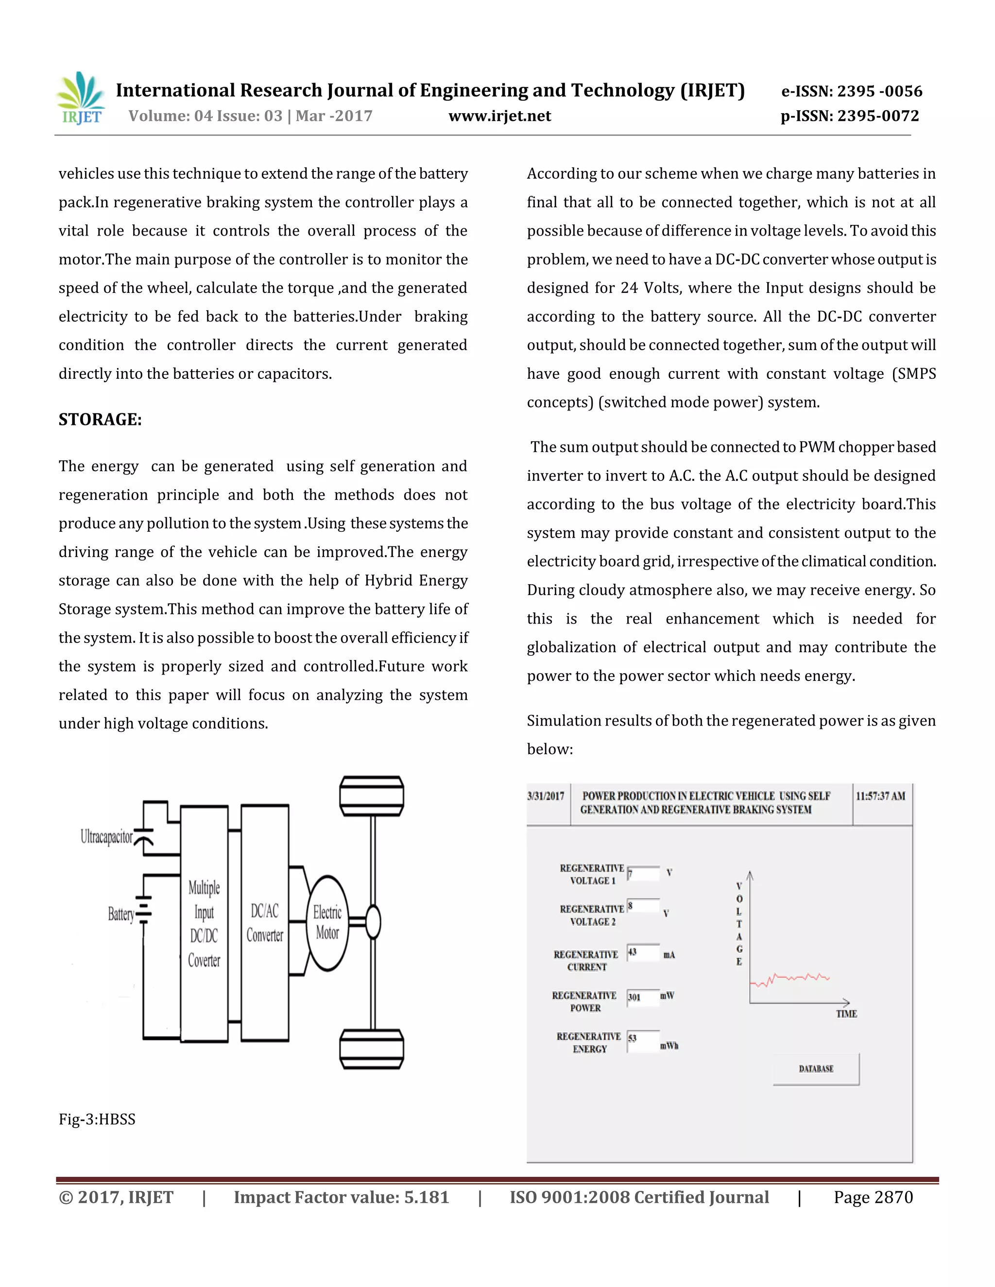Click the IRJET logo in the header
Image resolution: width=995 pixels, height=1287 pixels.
[x=81, y=99]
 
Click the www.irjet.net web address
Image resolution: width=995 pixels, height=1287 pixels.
[x=499, y=116]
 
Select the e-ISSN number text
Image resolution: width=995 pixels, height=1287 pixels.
[x=851, y=91]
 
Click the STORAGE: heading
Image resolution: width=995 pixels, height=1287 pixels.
[x=100, y=420]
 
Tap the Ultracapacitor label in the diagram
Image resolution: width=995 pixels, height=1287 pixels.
[x=107, y=837]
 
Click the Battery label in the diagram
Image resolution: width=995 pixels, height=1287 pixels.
[x=121, y=914]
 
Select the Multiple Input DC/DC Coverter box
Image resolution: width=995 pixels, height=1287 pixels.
[x=204, y=923]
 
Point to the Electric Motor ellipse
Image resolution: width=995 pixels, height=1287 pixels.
[x=327, y=923]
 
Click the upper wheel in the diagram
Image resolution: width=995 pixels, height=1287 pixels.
[x=371, y=796]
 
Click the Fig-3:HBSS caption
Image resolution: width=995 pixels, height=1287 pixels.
[x=97, y=1119]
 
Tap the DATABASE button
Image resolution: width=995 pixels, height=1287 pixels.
[x=816, y=1068]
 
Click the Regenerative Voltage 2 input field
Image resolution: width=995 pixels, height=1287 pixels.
[x=643, y=906]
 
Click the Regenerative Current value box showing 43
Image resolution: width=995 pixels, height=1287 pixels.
[x=643, y=952]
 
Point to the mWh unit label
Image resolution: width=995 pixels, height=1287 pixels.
[x=669, y=1046]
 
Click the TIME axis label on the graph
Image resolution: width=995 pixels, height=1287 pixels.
[x=846, y=1014]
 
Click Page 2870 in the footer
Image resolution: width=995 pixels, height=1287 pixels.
[x=873, y=1198]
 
